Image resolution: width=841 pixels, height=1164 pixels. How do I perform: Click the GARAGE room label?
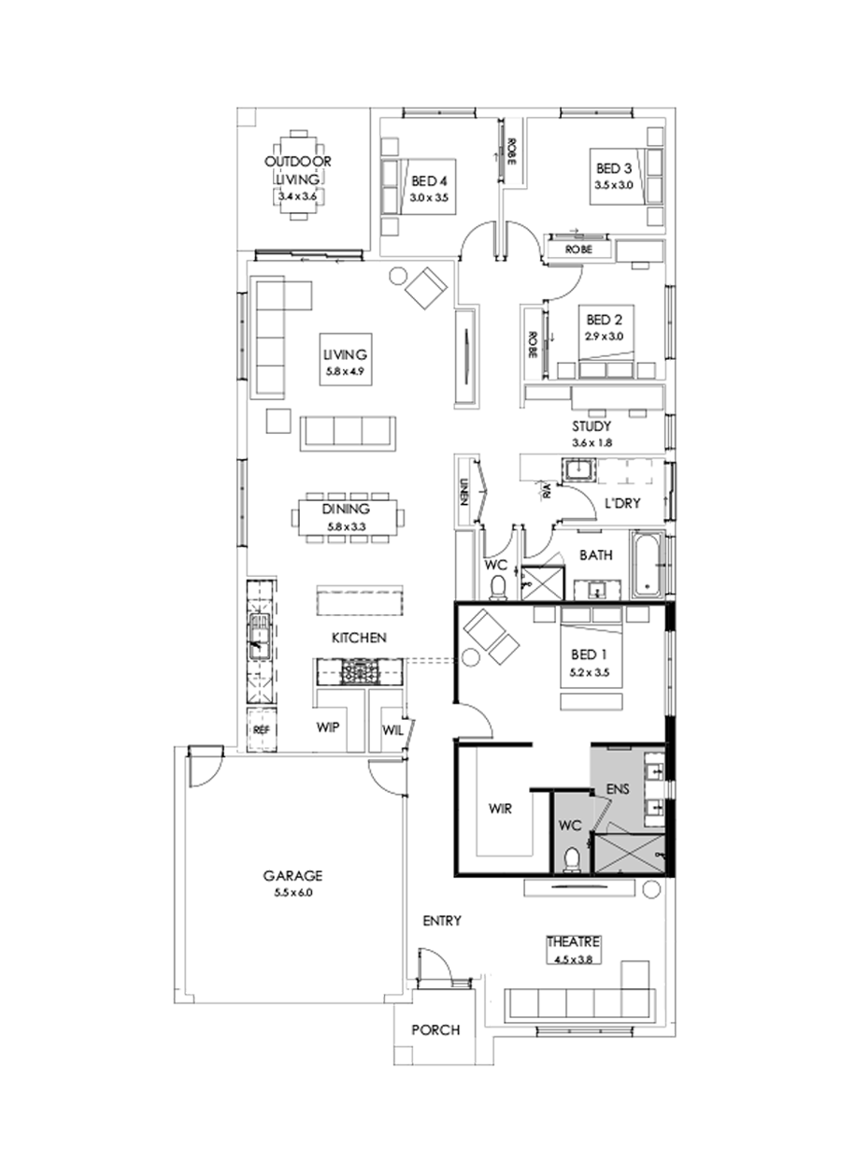(292, 876)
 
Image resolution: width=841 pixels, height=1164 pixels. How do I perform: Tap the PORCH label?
(435, 1030)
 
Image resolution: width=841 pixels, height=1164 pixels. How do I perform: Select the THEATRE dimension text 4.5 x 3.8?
(573, 957)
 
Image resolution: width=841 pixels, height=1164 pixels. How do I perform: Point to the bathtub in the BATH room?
(647, 566)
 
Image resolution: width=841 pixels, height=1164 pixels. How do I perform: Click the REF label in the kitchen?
(260, 728)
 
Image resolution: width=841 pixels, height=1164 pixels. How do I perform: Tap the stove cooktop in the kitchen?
(357, 670)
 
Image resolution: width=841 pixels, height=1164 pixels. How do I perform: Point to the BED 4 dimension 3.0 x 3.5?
(429, 198)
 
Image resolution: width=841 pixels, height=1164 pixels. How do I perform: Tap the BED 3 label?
(614, 169)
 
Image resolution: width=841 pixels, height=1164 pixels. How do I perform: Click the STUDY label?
(592, 425)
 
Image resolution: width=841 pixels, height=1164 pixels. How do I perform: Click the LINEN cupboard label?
(463, 493)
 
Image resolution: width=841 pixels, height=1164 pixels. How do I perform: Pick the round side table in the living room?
(397, 276)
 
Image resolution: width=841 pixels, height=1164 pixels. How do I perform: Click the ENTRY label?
(442, 921)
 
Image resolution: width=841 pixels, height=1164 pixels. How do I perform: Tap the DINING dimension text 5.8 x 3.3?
(347, 527)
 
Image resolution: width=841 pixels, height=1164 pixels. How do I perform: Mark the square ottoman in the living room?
(278, 420)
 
